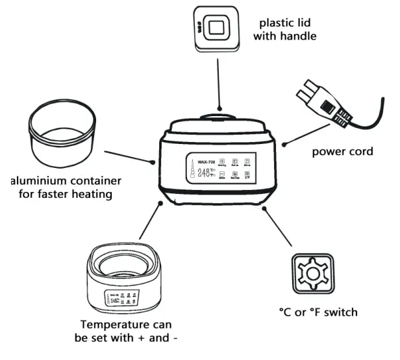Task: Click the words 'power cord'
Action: click(342, 152)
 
